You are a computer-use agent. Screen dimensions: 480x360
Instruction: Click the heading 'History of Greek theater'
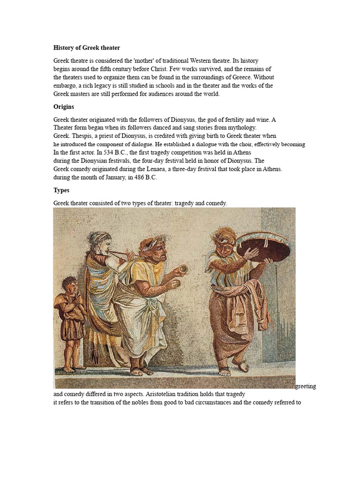87,48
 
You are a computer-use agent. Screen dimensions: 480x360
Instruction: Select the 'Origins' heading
64,107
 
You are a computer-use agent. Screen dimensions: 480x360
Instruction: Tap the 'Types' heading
61,190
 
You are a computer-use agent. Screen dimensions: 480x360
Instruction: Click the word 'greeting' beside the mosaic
306,386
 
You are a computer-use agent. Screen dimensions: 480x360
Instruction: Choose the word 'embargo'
65,86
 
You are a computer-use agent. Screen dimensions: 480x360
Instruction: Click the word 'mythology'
240,127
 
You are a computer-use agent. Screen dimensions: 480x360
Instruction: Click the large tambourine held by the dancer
263,247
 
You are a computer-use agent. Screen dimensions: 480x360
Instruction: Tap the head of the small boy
70,285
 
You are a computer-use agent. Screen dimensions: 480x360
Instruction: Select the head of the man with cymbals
155,251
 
